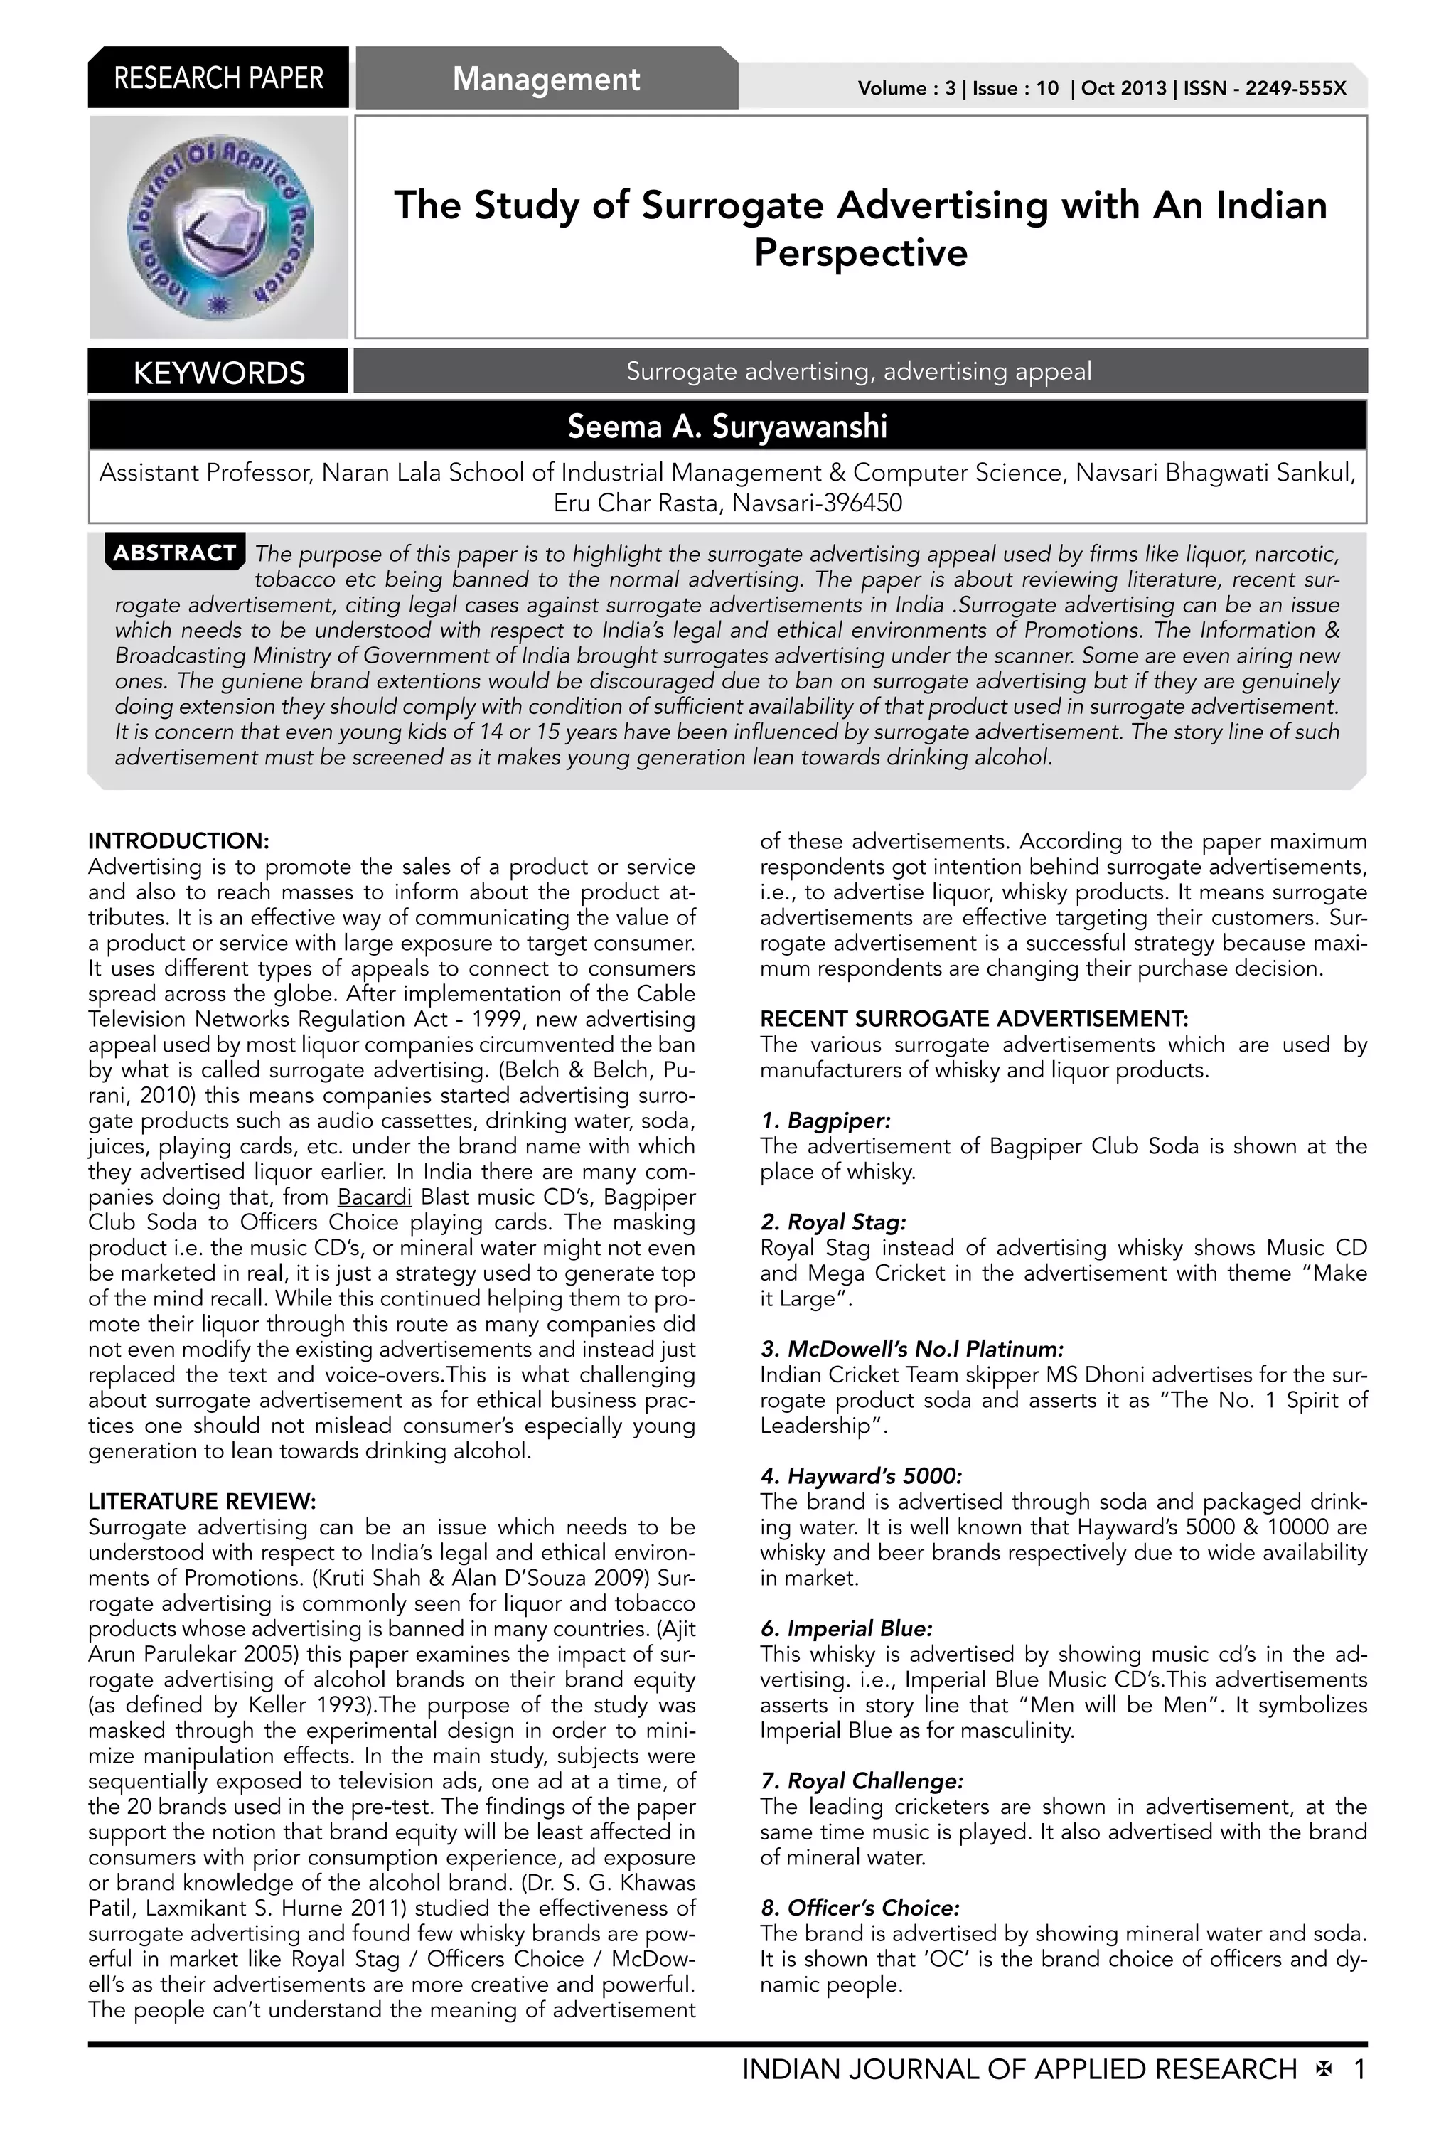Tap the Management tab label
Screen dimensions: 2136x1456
(546, 79)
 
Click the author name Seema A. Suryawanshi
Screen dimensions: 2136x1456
(727, 427)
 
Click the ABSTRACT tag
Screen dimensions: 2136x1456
(175, 552)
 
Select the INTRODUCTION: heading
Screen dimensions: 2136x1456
(178, 841)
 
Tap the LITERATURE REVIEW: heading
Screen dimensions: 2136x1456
(201, 1502)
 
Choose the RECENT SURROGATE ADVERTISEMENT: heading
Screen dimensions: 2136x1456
(973, 1019)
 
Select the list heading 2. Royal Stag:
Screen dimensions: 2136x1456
(833, 1222)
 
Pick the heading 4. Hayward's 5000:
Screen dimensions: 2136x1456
(860, 1476)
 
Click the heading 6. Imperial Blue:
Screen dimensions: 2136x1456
(845, 1628)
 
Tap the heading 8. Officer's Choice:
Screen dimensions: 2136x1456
(860, 1908)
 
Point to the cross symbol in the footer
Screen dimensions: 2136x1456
(1324, 2070)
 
